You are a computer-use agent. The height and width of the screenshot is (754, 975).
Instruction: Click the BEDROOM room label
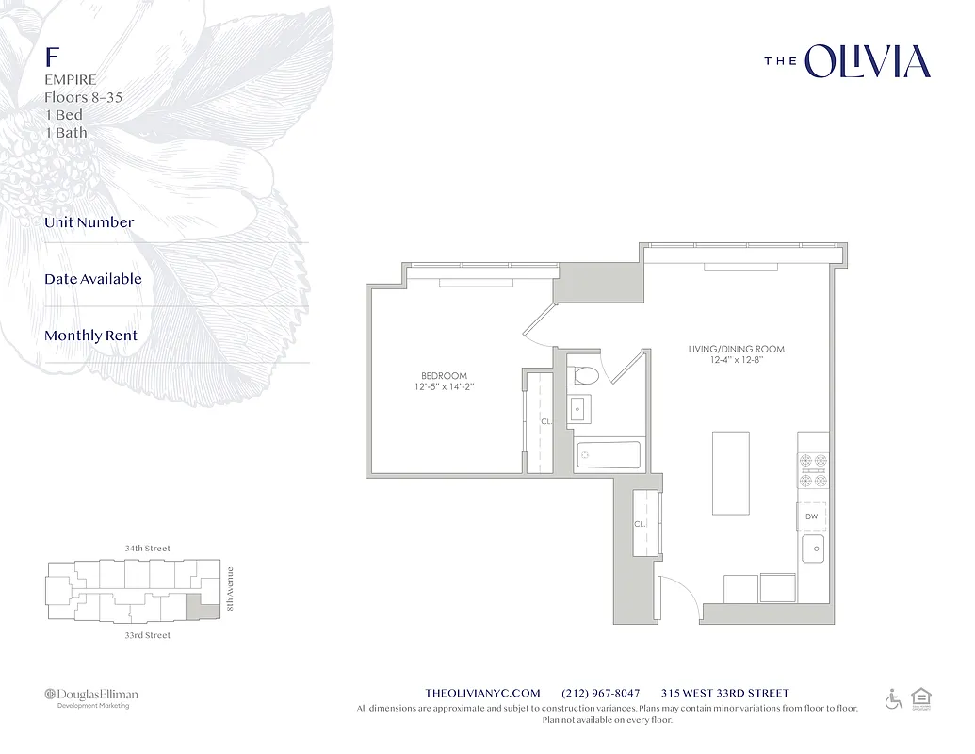[443, 375]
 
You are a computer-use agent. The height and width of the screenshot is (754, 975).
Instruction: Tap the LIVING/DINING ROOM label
[736, 349]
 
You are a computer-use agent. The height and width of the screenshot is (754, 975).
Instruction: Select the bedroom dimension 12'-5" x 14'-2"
[443, 387]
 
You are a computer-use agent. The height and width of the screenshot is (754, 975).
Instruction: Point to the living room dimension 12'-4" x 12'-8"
[736, 360]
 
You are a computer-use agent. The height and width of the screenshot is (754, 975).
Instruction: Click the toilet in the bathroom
[585, 374]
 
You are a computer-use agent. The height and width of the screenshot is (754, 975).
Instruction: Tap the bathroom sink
[580, 409]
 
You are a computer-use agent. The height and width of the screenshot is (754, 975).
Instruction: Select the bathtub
[609, 455]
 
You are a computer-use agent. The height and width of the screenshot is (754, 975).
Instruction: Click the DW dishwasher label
[812, 516]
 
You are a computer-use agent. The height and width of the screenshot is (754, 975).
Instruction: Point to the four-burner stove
[813, 470]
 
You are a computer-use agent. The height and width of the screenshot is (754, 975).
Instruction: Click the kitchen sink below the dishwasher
[813, 548]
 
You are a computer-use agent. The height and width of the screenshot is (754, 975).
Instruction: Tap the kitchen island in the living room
[731, 473]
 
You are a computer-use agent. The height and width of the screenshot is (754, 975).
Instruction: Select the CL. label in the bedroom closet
[545, 422]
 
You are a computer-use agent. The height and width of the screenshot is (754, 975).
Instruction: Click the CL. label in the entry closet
[640, 524]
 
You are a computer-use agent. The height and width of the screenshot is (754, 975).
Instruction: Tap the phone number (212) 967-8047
[600, 693]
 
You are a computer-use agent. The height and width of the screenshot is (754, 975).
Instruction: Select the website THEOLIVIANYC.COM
[483, 693]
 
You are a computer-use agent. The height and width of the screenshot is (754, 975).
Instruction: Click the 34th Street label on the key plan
[147, 548]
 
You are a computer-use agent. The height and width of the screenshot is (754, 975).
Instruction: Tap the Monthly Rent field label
[90, 336]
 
